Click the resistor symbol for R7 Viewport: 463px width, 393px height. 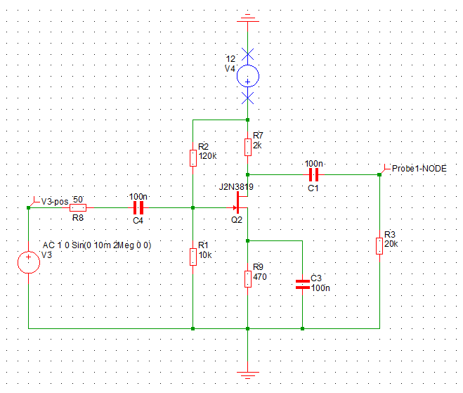pos(247,146)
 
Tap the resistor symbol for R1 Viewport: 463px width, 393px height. pos(193,256)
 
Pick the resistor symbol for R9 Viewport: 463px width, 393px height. pos(247,278)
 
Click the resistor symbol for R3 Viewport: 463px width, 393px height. pos(379,245)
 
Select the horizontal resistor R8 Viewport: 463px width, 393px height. pos(78,207)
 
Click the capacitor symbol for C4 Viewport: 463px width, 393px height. pos(138,207)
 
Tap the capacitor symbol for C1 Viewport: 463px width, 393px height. pos(313,174)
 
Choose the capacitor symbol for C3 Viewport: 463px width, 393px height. pos(302,284)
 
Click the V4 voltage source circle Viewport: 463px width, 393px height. pos(247,76)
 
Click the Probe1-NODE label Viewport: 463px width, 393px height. pos(418,169)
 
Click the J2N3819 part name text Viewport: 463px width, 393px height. pos(236,187)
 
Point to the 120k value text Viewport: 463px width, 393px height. pos(208,155)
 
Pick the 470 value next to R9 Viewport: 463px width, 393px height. pos(261,277)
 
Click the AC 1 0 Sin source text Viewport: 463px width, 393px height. pos(97,245)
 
